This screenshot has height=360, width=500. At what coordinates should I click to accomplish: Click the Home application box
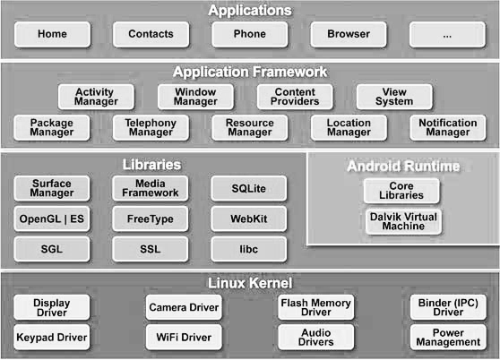click(x=52, y=34)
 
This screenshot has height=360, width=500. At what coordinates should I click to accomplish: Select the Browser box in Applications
click(x=349, y=34)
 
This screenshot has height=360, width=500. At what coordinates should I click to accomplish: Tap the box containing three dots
click(x=447, y=34)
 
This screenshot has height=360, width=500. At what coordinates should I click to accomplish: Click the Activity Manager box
click(x=96, y=97)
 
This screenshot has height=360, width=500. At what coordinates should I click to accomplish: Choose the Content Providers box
click(x=295, y=97)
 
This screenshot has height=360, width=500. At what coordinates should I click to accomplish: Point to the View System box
click(x=394, y=97)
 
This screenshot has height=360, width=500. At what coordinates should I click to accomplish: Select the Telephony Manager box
click(x=151, y=128)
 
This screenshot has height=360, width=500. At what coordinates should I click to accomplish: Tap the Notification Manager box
click(x=448, y=128)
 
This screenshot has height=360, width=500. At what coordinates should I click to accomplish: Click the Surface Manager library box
click(x=52, y=188)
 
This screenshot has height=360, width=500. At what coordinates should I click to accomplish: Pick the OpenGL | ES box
click(x=52, y=219)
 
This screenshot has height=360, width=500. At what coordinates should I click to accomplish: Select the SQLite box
click(x=249, y=188)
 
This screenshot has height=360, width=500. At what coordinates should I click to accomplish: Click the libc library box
click(x=249, y=249)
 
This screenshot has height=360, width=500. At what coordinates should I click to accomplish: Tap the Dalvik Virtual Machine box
click(x=403, y=222)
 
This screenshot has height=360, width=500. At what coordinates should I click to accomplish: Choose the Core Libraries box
click(x=401, y=191)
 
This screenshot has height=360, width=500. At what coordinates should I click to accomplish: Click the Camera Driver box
click(x=184, y=307)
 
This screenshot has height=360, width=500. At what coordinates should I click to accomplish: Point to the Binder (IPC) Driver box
click(x=448, y=307)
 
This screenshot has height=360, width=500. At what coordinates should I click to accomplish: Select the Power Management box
click(x=448, y=338)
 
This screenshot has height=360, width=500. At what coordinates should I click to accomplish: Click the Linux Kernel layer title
click(x=250, y=283)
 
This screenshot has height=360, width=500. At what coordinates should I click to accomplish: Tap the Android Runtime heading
click(x=403, y=166)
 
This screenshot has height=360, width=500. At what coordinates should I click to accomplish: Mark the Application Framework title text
click(x=250, y=72)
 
